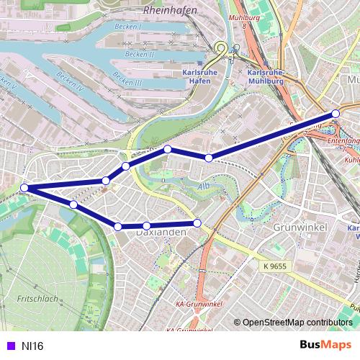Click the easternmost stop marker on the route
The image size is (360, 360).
(336, 114)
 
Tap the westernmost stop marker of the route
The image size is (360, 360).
(24, 188)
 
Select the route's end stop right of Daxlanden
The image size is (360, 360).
(198, 222)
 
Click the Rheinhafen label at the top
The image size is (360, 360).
(170, 11)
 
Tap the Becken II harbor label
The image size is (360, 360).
(139, 53)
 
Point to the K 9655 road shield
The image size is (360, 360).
(276, 266)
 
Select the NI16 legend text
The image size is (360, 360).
(32, 346)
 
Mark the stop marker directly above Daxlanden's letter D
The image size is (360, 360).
(146, 226)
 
